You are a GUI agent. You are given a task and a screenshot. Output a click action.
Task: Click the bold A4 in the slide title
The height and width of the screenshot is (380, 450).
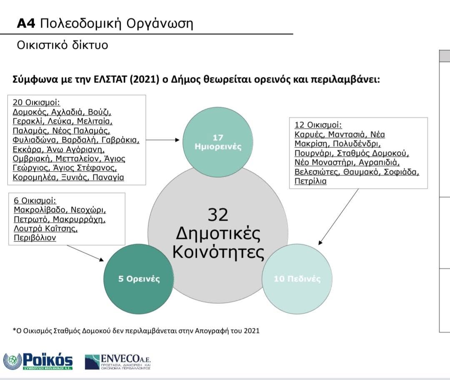pos(26,23)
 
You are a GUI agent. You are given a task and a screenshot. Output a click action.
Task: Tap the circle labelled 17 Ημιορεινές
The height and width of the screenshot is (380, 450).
pos(218,142)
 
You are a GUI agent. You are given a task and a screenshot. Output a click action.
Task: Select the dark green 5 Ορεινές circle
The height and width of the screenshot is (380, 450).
pos(139,279)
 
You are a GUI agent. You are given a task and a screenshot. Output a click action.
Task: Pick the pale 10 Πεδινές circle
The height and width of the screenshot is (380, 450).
pos(297,279)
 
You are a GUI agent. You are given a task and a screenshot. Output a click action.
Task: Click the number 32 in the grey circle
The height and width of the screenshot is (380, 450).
pos(218,215)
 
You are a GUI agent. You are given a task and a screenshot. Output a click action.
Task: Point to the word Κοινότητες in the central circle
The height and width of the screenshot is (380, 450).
pos(218,253)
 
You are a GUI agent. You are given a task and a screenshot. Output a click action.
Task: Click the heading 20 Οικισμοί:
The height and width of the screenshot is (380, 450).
pos(36,102)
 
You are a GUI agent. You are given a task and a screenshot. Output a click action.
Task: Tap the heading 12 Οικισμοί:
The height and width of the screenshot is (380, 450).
pos(318,125)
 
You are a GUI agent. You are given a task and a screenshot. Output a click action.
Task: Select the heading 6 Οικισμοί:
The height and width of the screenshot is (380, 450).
pos(35,201)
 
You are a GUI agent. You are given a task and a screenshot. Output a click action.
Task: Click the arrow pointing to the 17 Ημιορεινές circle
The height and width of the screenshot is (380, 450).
pos(163,140)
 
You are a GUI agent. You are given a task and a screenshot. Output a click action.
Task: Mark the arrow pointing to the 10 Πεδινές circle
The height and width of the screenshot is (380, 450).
pos(338,217)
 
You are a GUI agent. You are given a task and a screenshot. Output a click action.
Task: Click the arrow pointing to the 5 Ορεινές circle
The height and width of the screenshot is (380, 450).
pos(85,253)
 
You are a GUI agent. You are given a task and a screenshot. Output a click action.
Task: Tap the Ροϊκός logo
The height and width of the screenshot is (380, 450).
pos(38,362)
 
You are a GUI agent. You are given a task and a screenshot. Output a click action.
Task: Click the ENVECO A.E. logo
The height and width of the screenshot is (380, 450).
pos(117,362)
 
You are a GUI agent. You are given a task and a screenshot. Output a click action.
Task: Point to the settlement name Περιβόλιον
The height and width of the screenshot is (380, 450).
pos(35,238)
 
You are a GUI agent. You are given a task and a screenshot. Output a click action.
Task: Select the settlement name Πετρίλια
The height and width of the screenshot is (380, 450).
pos(310,181)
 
